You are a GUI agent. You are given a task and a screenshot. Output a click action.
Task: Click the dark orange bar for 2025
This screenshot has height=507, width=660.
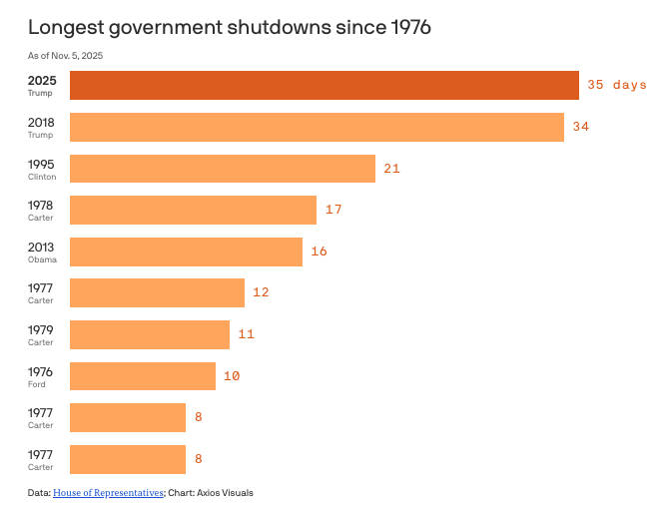coord(325,85)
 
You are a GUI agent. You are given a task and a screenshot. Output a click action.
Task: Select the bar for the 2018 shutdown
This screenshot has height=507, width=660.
coord(317,127)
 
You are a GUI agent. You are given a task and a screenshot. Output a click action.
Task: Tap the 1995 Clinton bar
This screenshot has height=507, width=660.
coord(222,169)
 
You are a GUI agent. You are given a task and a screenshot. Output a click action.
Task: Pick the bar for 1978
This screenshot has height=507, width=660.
coord(193,210)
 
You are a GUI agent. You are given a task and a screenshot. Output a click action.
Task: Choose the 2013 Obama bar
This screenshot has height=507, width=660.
coord(186,252)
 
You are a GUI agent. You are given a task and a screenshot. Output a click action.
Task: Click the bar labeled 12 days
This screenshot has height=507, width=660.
coord(157,292)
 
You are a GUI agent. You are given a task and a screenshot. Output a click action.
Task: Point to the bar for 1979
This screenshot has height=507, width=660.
coord(150,334)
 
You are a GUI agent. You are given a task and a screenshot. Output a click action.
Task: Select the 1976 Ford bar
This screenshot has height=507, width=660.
coord(143,376)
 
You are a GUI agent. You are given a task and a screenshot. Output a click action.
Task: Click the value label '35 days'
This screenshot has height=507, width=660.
coord(616,85)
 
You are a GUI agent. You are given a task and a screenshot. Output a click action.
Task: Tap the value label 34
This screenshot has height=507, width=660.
coord(582,127)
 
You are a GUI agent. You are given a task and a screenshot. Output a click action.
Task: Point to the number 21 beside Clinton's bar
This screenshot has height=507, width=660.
coord(391,169)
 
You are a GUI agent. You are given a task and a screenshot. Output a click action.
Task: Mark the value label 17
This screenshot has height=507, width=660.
coord(333,210)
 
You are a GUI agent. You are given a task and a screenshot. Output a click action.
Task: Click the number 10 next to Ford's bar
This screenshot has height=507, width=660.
coord(232,376)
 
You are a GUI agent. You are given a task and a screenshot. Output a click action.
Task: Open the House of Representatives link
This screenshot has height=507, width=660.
coord(108,492)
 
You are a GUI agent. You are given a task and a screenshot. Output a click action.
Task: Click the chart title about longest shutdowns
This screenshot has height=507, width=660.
coord(230,27)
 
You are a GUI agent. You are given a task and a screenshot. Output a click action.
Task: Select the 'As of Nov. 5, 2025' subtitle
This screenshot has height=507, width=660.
coord(66,55)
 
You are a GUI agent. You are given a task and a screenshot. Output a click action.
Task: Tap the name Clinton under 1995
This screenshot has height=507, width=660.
coord(42,177)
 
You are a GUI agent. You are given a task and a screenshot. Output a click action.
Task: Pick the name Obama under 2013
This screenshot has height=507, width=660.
coord(42,259)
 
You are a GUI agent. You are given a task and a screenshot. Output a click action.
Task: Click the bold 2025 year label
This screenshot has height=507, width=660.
coord(42,79)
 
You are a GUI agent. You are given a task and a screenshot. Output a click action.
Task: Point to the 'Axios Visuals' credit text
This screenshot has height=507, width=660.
coord(227,492)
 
